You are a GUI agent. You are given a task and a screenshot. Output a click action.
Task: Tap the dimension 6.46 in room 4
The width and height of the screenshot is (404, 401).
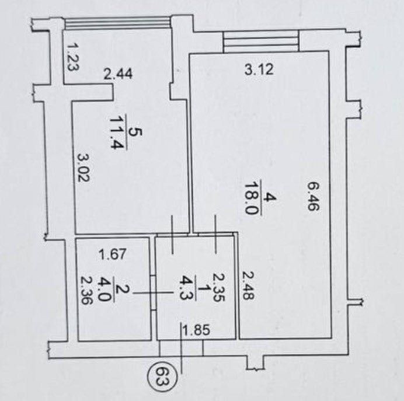coord(314,196)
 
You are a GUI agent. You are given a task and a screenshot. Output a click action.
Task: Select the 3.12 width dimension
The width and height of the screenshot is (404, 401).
coord(259,69)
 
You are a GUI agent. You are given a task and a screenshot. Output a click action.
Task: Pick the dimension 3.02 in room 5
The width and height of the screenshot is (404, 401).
coord(84,168)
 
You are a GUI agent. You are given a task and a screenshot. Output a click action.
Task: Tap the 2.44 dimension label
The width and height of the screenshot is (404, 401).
coord(118,74)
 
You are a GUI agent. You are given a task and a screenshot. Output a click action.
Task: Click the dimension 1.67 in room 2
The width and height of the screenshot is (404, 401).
coord(113,254)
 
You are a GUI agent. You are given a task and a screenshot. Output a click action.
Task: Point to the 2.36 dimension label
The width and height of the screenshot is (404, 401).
coord(86,290)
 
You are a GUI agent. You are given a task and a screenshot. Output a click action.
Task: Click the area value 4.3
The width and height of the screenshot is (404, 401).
coord(186,288)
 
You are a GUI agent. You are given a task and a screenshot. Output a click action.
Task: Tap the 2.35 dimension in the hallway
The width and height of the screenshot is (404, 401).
coord(218,287)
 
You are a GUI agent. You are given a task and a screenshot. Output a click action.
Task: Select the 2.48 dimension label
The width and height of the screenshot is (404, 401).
coord(248,285)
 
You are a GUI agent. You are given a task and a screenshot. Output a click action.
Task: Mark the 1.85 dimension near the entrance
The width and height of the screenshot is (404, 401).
coord(196,330)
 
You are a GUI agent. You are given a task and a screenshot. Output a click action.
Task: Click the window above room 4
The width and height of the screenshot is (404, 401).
coord(262,41)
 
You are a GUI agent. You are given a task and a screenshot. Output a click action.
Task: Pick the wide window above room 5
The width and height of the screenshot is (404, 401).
coord(117,23)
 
